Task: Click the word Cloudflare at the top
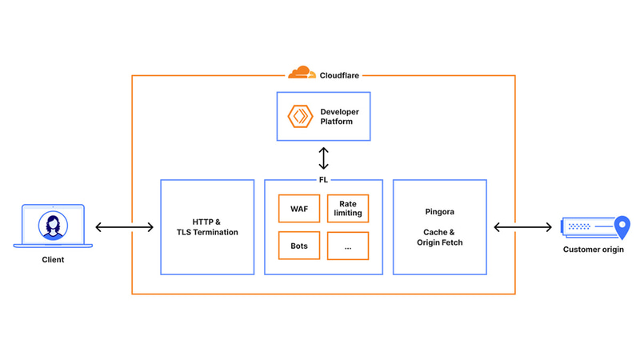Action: [339, 74]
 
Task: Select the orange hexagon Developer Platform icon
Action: [300, 116]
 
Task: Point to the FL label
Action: [323, 180]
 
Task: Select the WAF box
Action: [299, 208]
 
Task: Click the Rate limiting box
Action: [348, 208]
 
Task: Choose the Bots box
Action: [299, 246]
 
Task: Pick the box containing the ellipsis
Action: [348, 246]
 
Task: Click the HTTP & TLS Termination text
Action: [207, 226]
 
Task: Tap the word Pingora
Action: [440, 212]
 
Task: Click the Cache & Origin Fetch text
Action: [440, 237]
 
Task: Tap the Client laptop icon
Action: [54, 226]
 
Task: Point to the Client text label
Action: [54, 260]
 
